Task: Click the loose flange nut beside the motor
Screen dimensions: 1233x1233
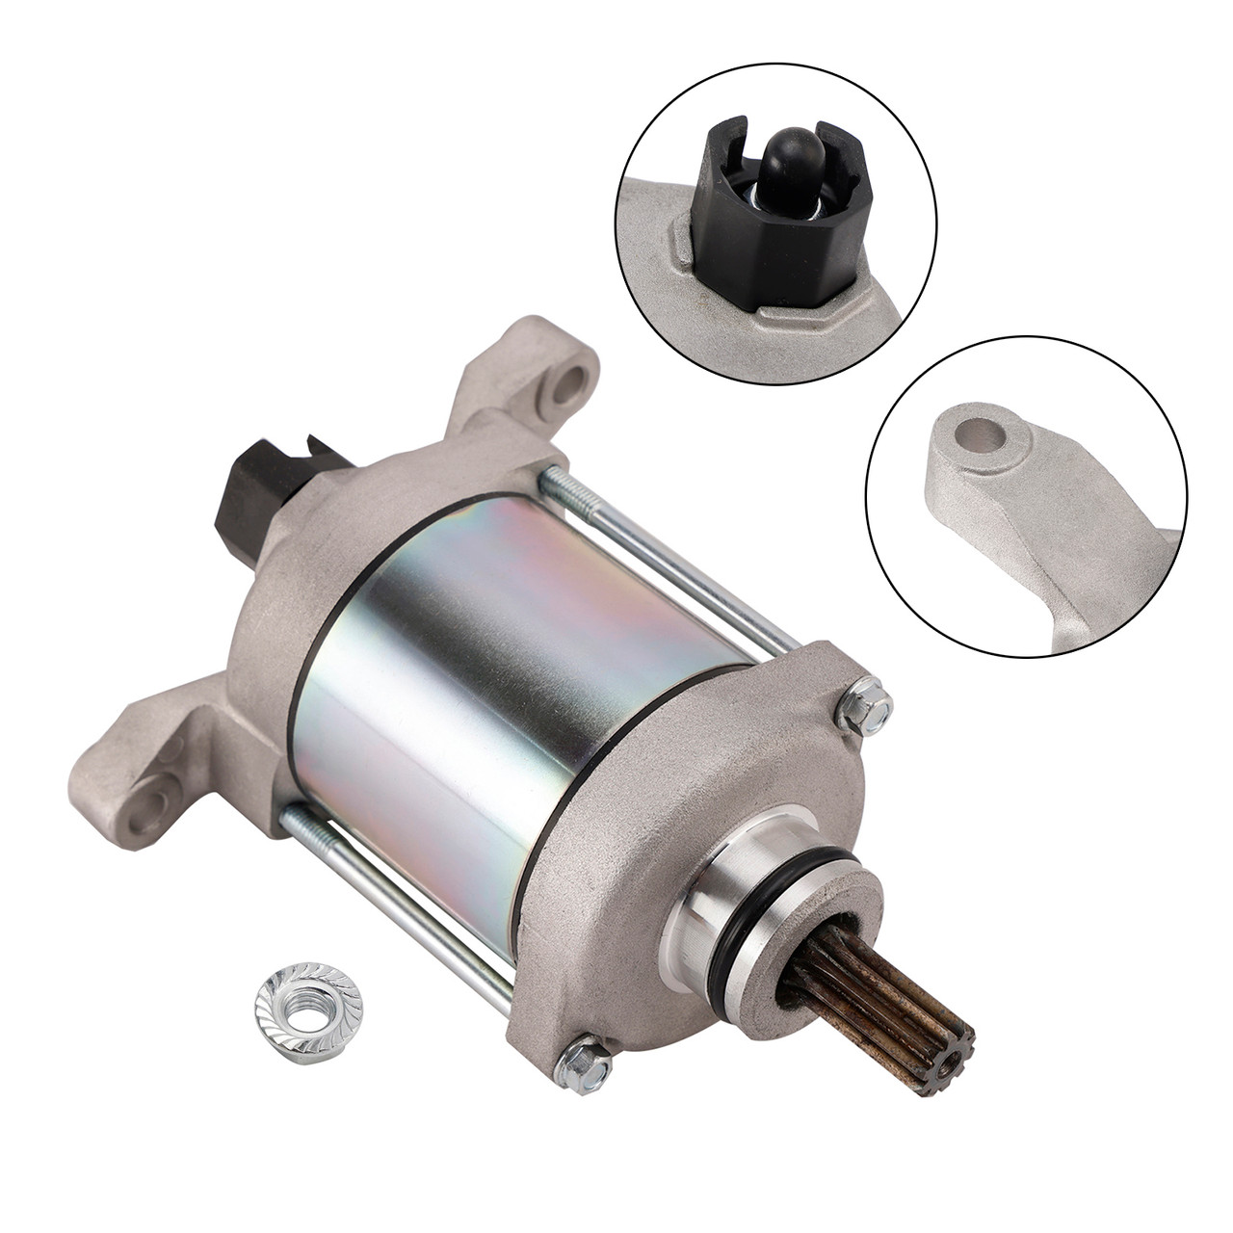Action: coord(290,1006)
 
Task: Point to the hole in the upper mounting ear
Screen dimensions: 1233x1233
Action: coord(575,379)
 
